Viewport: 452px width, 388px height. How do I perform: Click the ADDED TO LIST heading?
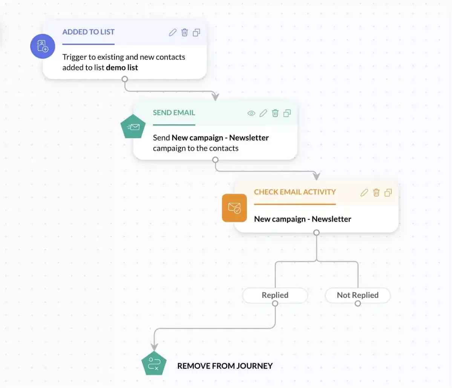click(88, 32)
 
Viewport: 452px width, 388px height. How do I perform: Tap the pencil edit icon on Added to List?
click(173, 32)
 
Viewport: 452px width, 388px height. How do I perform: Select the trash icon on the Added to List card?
click(184, 32)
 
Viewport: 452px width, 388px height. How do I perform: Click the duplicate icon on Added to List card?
click(196, 32)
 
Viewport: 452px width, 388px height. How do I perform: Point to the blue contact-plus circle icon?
click(43, 46)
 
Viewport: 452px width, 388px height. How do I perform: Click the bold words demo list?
click(122, 67)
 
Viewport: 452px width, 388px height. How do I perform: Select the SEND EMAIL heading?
click(174, 113)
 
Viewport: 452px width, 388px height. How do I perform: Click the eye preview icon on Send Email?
click(251, 113)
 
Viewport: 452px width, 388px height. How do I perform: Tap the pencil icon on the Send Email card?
click(263, 113)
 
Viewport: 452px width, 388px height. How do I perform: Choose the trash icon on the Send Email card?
click(275, 113)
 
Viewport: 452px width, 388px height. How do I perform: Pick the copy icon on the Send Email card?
click(287, 113)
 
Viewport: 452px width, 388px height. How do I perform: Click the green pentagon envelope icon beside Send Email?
click(133, 127)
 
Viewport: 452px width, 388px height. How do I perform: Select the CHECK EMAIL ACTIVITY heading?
click(295, 192)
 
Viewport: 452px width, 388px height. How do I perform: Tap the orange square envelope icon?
click(234, 208)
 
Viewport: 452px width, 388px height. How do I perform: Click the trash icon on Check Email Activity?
click(376, 192)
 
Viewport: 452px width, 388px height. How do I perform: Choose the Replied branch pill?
click(275, 295)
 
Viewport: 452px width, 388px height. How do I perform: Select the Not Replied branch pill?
click(357, 295)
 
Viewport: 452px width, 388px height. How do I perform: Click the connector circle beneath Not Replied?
click(358, 303)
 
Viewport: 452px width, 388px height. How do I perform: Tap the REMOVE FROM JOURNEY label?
click(225, 366)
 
